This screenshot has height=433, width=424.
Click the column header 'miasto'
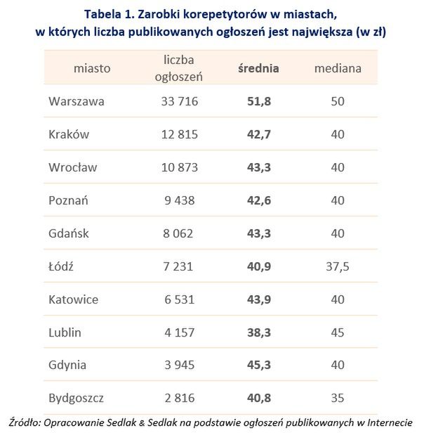pos(91,68)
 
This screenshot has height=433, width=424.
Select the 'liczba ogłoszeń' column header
pos(178,68)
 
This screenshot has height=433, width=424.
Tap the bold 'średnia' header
pos(258,68)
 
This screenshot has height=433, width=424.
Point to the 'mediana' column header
pos(338,68)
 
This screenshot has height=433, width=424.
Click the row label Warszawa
pos(77,101)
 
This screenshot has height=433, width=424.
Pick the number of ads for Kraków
pos(178,134)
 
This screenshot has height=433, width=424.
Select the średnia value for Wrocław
pos(258,167)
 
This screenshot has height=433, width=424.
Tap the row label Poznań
pos(69,200)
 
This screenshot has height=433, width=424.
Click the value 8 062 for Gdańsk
pos(178,233)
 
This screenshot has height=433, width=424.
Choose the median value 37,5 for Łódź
pos(338,266)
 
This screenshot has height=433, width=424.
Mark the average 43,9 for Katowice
pos(258,299)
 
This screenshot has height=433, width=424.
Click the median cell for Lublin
pos(338,332)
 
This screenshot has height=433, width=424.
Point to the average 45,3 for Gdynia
pos(258,366)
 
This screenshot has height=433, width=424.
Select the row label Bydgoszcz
pos(77,399)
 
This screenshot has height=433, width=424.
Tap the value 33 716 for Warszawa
pos(178,101)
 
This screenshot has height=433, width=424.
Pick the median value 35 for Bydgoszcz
pos(338,399)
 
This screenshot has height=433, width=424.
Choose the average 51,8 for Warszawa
pos(258,101)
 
